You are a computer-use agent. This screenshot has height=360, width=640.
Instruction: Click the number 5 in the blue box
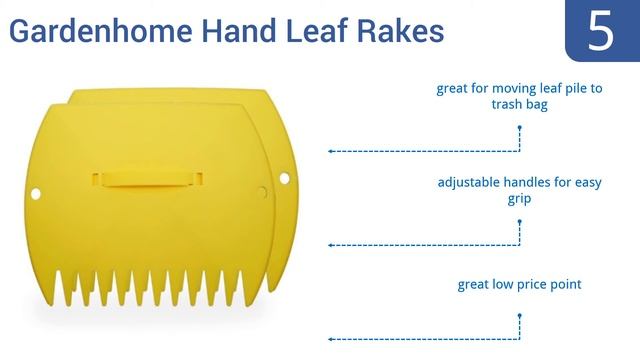(x=601, y=31)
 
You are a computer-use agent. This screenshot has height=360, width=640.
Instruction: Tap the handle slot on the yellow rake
(x=148, y=180)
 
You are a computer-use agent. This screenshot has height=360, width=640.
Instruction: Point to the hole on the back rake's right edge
(x=284, y=178)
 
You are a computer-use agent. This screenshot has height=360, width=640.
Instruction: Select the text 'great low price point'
(x=519, y=285)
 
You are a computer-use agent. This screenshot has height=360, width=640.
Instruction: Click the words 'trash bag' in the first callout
(x=520, y=104)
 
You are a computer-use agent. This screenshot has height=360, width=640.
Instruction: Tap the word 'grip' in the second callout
(x=519, y=199)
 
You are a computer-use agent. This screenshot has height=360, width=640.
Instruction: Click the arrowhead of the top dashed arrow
(x=331, y=151)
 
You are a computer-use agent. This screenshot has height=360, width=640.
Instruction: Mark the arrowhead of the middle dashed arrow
(x=331, y=245)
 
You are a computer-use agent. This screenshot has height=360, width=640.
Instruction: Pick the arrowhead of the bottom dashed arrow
(x=331, y=340)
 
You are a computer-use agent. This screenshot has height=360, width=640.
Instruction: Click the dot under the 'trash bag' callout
(x=520, y=128)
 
